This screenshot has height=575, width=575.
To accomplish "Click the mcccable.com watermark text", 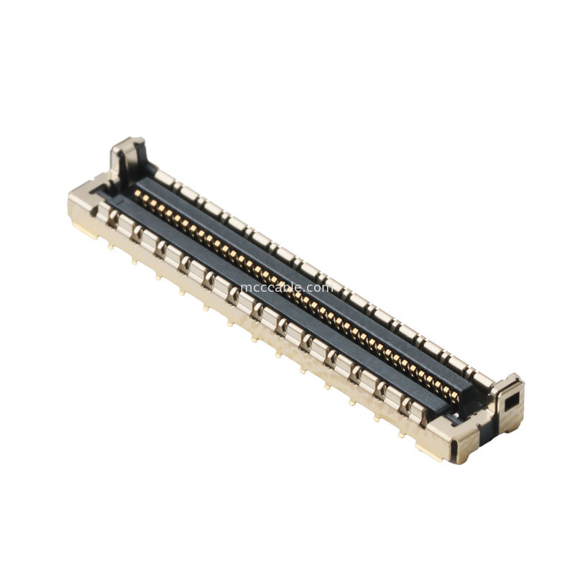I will pyautogui.click(x=287, y=287).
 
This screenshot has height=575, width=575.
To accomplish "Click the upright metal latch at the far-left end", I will pyautogui.click(x=127, y=157).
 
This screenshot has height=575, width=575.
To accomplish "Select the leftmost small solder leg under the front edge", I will pyautogui.click(x=110, y=245).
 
